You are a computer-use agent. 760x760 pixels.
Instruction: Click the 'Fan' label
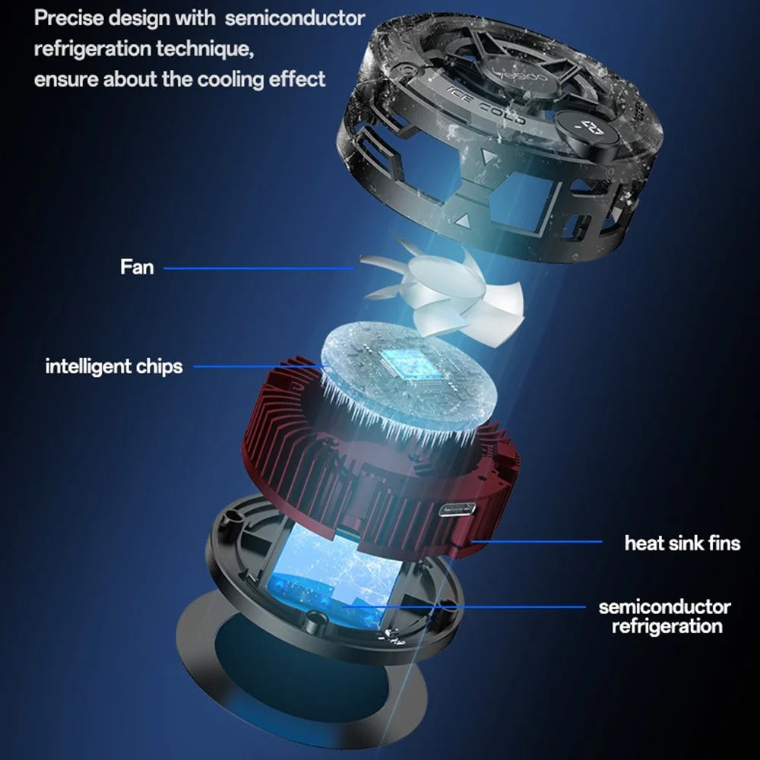(137, 267)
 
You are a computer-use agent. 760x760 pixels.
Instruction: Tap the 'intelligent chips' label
(114, 366)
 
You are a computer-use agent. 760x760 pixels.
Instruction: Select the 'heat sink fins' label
(682, 543)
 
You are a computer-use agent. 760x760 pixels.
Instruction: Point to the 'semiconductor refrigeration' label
(665, 616)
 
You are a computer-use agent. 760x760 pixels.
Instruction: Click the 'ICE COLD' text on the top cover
(486, 105)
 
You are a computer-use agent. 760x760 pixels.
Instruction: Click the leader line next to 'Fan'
(259, 268)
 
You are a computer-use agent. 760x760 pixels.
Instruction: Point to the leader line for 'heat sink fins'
(536, 541)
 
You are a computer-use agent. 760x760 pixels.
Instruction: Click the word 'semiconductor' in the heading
(295, 18)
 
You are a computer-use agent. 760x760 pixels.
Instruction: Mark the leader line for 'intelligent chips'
(259, 366)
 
